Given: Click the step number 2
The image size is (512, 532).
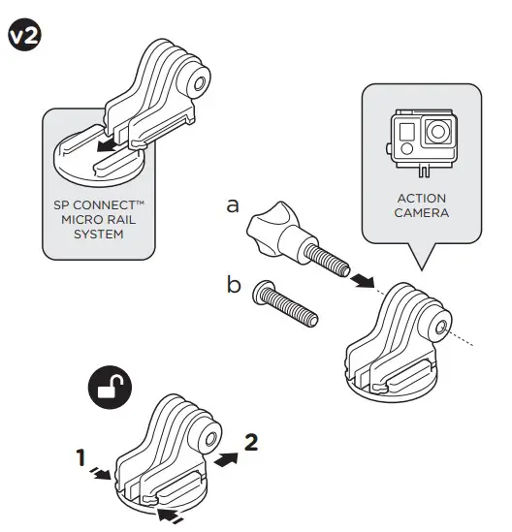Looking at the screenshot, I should pos(251,442).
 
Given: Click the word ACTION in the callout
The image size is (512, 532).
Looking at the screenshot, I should pos(421,197).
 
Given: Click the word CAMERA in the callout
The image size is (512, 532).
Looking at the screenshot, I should pos(421,212).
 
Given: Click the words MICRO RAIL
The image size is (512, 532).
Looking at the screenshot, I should pos(97,221).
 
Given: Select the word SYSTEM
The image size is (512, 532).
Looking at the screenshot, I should pos(97,235).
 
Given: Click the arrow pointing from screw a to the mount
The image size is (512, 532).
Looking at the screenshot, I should pos(361,279).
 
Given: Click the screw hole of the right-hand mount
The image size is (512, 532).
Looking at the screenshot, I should pos(443,328).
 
